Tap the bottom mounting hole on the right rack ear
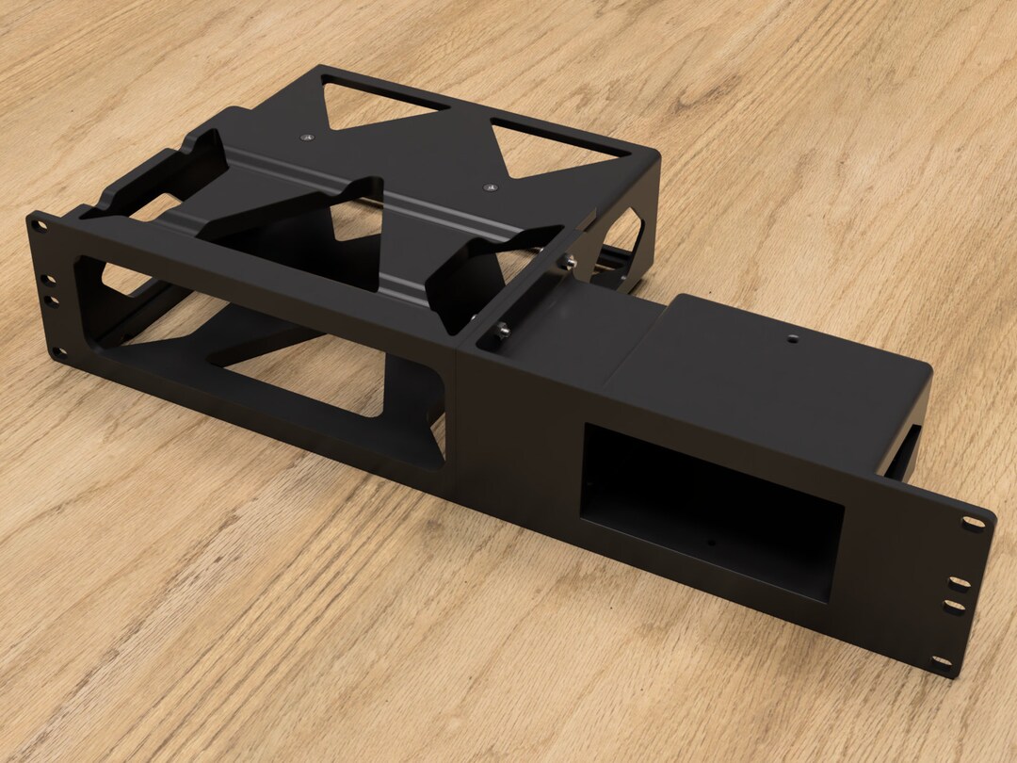942,662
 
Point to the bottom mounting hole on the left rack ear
59,353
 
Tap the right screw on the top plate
489,188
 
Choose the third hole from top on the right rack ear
954,606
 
